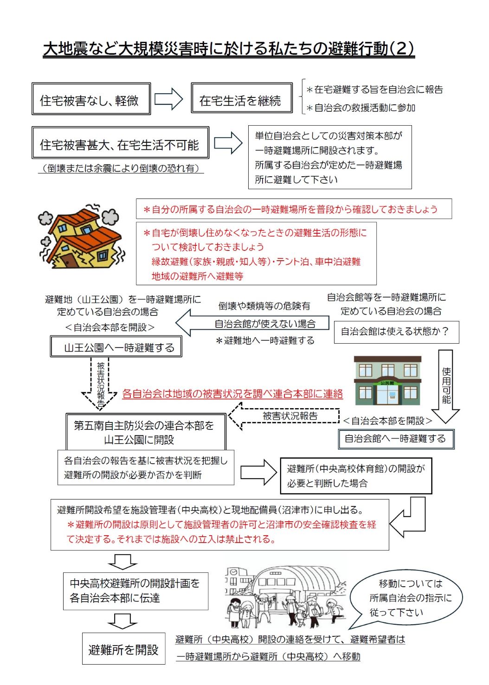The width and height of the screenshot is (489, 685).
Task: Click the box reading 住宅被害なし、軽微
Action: tap(91, 99)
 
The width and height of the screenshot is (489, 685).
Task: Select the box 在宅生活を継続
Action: tap(241, 98)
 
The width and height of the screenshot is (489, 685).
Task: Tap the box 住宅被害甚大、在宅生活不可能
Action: tap(120, 143)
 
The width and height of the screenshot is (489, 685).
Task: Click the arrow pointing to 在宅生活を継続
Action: tap(168, 99)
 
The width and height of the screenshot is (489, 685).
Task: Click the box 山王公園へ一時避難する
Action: tap(116, 347)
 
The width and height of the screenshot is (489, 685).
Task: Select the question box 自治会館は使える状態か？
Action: tap(396, 332)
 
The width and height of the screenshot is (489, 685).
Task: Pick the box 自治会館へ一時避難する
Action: tap(396, 439)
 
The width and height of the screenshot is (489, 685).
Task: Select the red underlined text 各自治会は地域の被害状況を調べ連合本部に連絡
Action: tap(232, 394)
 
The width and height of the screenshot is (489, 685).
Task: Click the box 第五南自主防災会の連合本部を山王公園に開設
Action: tap(146, 432)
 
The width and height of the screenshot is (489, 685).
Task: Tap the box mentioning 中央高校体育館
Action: tap(356, 476)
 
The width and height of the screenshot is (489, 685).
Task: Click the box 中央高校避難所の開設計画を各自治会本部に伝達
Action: tap(135, 591)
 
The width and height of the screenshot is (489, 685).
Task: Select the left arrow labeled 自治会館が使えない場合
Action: tap(253, 323)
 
